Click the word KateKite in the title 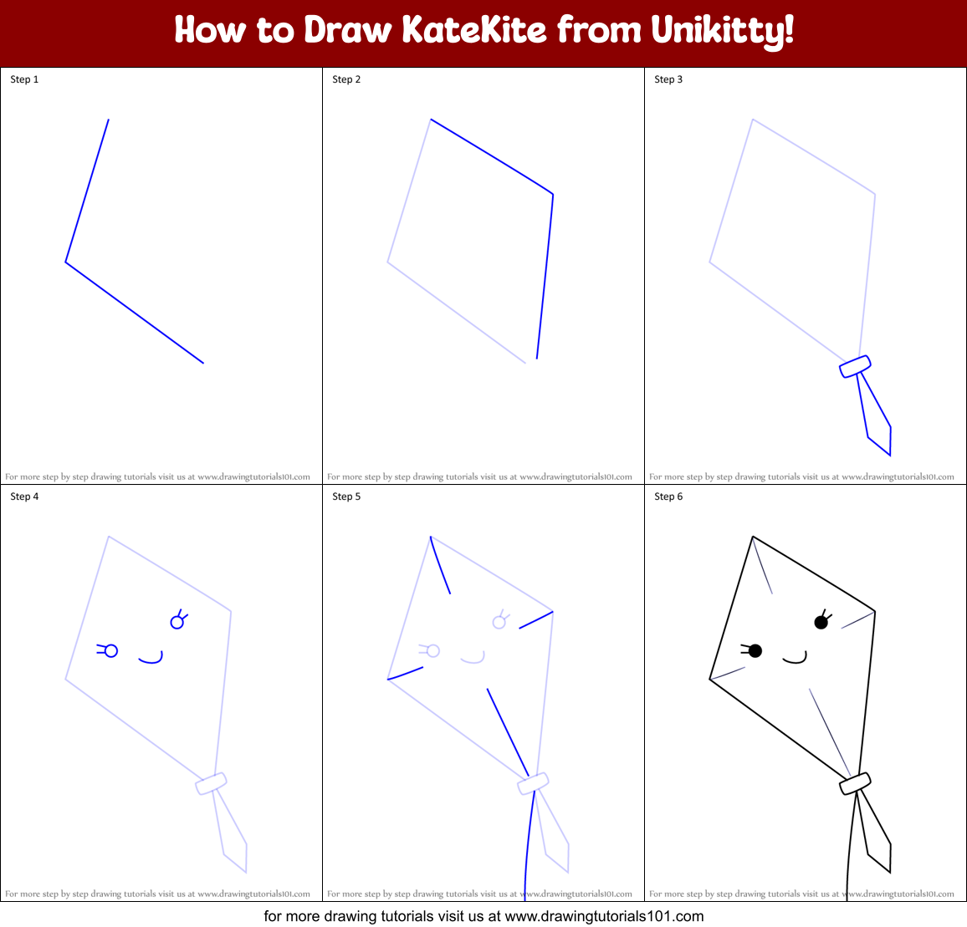473,31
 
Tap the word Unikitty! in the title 722,31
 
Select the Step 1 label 24,79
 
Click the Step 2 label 346,79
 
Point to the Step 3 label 668,79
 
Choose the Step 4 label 24,497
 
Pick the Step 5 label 346,497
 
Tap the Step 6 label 668,497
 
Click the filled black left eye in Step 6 755,650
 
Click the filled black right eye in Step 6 821,622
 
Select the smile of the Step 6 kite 796,659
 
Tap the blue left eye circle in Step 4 111,650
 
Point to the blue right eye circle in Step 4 177,622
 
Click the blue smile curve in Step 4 151,659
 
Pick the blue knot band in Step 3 855,366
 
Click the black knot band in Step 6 855,783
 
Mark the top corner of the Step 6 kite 753,537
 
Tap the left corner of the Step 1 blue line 66,262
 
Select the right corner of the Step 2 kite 553,194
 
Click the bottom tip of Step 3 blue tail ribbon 890,455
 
